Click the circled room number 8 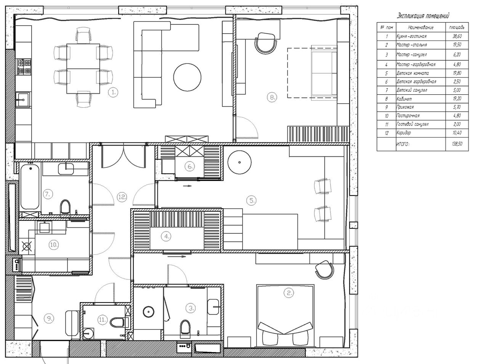(x=272, y=97)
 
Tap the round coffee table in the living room (x=187, y=77)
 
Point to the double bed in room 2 (x=285, y=315)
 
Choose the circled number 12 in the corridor (x=122, y=197)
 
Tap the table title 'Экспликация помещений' (x=423, y=16)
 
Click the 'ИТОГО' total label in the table (x=403, y=144)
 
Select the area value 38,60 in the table (x=457, y=36)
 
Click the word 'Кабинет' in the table (x=404, y=99)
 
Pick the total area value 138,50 (x=457, y=144)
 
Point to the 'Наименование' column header (x=421, y=28)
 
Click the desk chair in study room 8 (x=265, y=43)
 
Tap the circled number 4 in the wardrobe (x=166, y=236)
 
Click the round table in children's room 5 (x=239, y=162)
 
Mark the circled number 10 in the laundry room (x=54, y=245)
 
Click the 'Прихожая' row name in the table (x=405, y=107)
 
